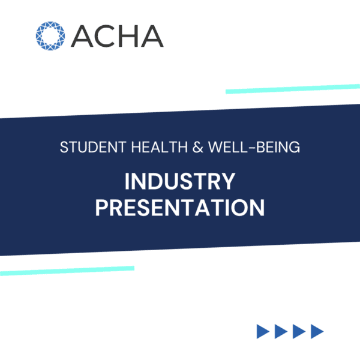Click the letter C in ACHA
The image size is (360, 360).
coord(98,36)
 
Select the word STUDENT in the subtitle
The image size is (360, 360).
coord(93,147)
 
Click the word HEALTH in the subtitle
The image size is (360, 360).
coord(160,147)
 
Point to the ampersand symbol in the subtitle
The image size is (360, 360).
coord(198,147)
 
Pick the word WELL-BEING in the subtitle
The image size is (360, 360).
coord(254,147)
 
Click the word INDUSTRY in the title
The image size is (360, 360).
coord(180,181)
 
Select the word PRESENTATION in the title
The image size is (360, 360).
coord(180,208)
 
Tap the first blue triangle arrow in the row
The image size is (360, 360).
coord(263,331)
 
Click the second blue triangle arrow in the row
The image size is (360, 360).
coord(281,331)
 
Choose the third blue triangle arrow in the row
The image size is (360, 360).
coord(299,331)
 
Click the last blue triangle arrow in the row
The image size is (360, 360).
coord(317,331)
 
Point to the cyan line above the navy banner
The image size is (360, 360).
coord(293,89)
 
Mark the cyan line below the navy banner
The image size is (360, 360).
coord(67,271)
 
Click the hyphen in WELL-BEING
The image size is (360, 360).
coord(252,148)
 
